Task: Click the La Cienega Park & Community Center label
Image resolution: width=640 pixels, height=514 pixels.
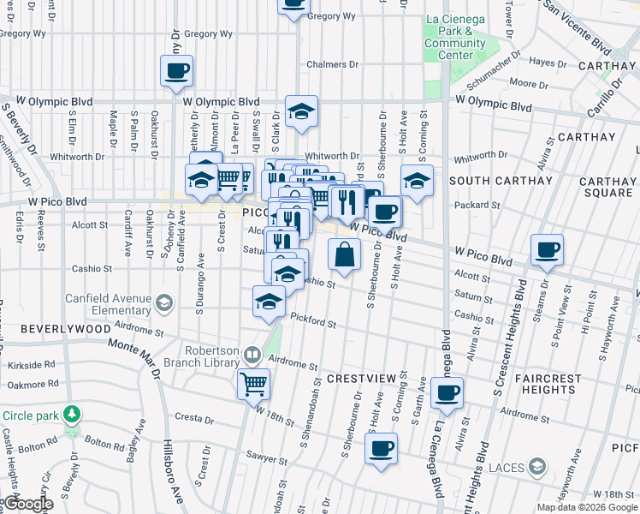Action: pos(455,37)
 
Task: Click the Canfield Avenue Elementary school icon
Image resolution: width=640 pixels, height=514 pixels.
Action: pos(163,302)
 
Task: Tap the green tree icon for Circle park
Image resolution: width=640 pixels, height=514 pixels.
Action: pos(73,415)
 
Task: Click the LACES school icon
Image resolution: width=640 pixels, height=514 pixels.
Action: pos(536,467)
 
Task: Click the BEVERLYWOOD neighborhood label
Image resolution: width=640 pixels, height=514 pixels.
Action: pos(55,329)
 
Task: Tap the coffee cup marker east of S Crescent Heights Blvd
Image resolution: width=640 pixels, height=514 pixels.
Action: pos(547,249)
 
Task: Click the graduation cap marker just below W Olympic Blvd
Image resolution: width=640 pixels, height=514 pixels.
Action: pos(301,111)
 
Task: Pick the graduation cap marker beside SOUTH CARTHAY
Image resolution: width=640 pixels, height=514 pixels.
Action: pos(417,180)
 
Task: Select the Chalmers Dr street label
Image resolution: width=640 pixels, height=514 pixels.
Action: pos(332,64)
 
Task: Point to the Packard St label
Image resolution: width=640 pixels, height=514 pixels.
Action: pos(478,206)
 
